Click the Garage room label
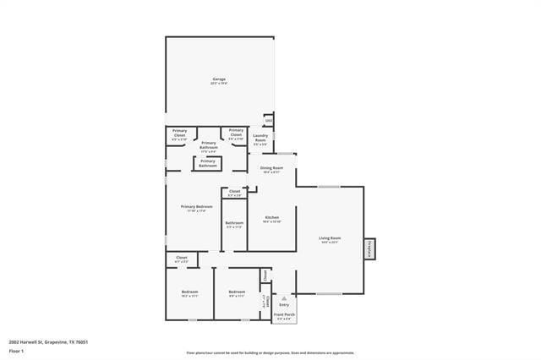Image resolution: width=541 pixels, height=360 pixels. click(218, 81)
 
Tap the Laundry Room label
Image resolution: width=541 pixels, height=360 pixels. click(260, 139)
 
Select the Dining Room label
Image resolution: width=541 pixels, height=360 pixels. click(271, 170)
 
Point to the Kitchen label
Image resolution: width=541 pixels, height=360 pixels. click(271, 219)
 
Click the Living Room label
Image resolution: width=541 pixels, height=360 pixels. click(330, 240)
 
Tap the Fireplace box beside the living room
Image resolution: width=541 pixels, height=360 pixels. click(369, 249)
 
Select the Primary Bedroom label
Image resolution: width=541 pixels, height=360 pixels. click(196, 208)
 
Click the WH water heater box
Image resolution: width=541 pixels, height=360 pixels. click(269, 120)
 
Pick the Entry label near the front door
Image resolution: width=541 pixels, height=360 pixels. click(284, 304)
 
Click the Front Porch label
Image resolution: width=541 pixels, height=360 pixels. click(284, 316)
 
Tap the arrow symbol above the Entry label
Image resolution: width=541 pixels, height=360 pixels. click(284, 297)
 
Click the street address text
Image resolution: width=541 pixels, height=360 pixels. click(48, 342)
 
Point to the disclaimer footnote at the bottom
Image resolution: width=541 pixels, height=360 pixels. click(270, 353)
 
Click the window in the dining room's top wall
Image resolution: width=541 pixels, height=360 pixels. click(286, 153)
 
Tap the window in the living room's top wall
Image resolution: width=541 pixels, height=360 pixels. click(329, 187)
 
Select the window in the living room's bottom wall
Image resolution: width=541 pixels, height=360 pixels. click(329, 294)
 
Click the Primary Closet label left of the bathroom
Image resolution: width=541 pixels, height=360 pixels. click(179, 133)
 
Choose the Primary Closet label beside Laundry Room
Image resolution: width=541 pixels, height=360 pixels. click(236, 133)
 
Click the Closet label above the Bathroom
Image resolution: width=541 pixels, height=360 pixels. click(234, 194)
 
